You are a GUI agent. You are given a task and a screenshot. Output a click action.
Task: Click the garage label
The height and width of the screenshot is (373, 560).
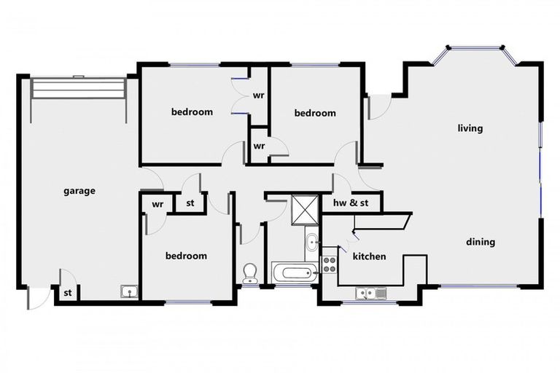pos(79,192)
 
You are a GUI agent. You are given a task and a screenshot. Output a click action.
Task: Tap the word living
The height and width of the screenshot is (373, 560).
pos(470,129)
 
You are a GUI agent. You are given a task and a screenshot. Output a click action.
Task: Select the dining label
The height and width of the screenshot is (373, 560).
pos(481,242)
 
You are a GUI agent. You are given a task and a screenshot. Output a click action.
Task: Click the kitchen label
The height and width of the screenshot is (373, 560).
pos(369,256)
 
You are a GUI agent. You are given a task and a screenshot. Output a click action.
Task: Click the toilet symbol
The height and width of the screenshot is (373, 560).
pos(249,273)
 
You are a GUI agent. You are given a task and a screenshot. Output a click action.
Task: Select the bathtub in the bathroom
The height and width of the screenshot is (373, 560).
pos(295,274)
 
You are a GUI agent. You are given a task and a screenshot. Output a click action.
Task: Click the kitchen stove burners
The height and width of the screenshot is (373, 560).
pos(330,261)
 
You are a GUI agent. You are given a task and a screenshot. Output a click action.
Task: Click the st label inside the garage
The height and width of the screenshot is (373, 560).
pos(67,294)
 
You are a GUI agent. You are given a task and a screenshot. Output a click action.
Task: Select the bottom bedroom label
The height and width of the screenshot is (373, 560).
pos(186,256)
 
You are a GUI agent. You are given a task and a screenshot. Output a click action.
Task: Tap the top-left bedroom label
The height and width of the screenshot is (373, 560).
pos(192,111)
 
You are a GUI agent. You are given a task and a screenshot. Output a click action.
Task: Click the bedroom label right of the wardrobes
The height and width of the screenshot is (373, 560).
pos(315,113)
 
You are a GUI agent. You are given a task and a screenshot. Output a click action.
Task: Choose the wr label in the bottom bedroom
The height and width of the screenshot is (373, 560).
pos(157,204)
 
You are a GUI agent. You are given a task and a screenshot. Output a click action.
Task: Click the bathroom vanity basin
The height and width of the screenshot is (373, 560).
pos(312,241)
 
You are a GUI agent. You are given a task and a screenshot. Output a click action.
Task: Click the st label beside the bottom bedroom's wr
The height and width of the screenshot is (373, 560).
pos(190,203)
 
